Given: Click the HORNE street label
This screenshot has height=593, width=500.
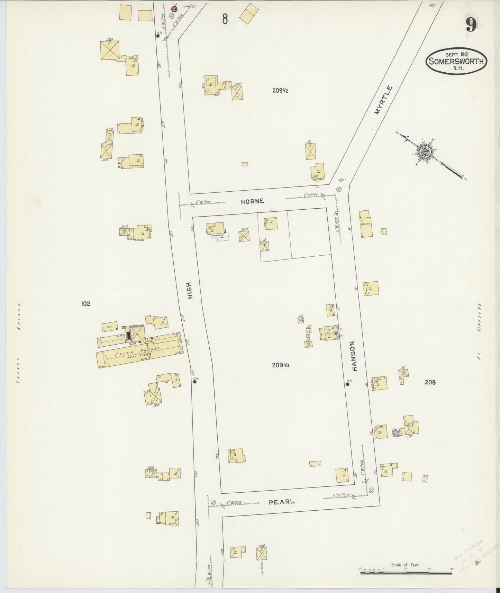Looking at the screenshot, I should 253,201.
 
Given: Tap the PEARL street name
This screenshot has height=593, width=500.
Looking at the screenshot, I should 282,501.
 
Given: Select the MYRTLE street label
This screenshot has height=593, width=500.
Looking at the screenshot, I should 384,100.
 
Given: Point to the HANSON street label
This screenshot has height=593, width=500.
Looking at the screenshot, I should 353,356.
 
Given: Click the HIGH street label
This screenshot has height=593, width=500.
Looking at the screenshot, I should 190,290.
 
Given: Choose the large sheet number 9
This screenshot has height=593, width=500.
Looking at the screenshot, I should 471,25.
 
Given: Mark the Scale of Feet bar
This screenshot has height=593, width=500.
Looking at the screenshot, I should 406,573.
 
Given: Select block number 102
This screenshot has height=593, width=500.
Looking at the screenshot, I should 85,304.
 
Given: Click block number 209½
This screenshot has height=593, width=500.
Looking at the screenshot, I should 280,91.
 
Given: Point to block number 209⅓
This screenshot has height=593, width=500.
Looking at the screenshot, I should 280,365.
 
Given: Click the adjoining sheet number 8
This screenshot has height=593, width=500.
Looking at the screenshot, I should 225,19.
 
